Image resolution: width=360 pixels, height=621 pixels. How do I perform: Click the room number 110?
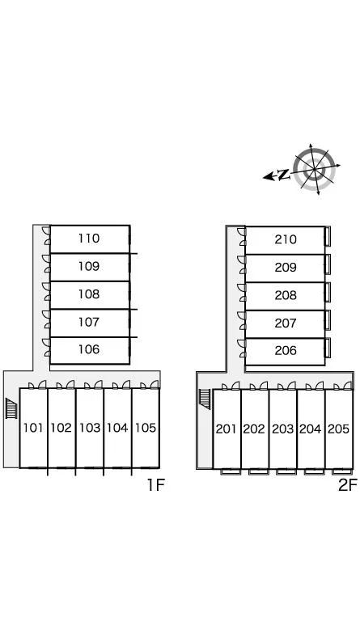(89, 239)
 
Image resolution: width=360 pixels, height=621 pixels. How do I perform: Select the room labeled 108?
(89, 294)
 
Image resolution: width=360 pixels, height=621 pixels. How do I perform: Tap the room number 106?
(89, 349)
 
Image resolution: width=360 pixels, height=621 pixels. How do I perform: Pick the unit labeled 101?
(33, 428)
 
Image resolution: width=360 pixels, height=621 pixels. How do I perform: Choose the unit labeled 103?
(90, 428)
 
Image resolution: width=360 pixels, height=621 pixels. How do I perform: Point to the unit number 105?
(146, 428)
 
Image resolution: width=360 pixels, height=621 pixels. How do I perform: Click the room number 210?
(286, 239)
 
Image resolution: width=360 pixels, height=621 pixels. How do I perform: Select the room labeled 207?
(286, 323)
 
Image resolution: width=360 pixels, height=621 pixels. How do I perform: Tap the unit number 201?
(227, 429)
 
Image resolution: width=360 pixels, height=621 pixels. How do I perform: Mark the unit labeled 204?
(310, 429)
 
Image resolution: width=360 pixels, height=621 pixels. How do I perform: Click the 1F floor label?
(155, 485)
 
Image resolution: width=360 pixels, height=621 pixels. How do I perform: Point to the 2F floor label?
(348, 485)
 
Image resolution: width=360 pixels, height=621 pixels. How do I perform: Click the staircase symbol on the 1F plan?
(11, 408)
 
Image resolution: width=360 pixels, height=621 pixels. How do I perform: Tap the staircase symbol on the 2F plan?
(205, 399)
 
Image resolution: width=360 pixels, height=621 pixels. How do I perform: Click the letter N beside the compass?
(283, 175)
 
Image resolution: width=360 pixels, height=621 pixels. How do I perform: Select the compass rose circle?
(315, 170)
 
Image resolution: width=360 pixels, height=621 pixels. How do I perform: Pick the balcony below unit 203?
(286, 471)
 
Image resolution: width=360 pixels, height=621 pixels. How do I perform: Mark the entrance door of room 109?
(47, 264)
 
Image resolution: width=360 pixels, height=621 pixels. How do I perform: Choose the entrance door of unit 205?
(343, 386)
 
